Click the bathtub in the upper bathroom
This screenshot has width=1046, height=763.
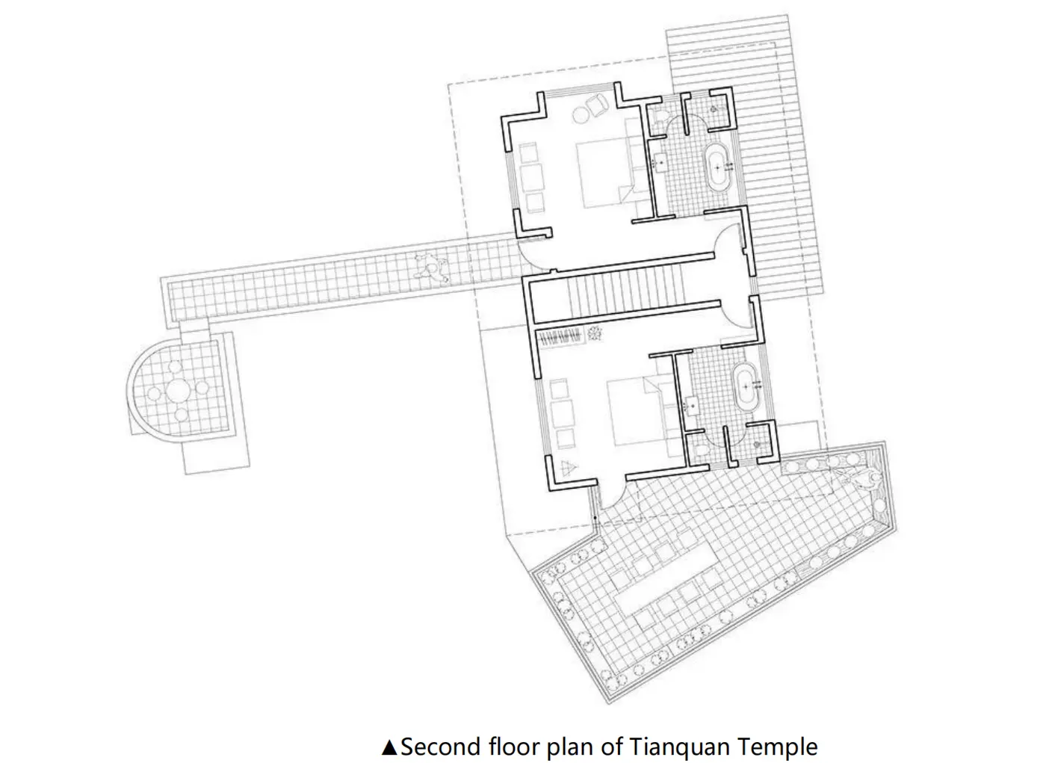point(718,167)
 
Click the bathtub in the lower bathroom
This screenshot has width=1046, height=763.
point(746,386)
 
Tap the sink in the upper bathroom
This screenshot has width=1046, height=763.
point(660,162)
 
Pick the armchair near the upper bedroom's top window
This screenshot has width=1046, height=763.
point(595,104)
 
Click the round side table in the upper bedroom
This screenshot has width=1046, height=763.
point(582,115)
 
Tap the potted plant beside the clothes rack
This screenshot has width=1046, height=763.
point(595,333)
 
